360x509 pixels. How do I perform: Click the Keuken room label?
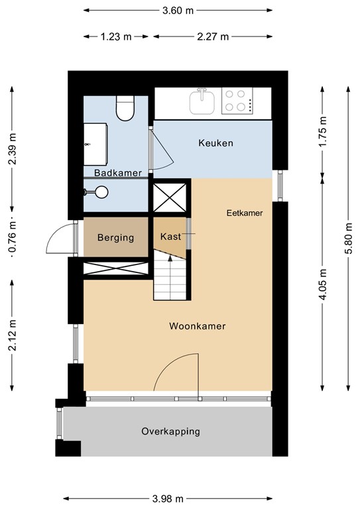tap(216, 143)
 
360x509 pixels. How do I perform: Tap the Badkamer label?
tap(118, 173)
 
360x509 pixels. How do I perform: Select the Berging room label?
tap(116, 237)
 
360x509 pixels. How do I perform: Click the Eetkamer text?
tap(245, 213)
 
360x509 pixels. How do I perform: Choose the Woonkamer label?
tap(197, 326)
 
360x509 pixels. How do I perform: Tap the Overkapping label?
tap(170, 431)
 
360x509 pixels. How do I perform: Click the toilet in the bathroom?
tap(125, 109)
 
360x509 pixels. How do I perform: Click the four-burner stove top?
tap(235, 101)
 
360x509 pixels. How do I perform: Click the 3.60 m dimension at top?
tap(178, 11)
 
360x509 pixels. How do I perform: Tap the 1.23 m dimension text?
tap(117, 36)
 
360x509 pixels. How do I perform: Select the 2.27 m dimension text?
tap(213, 36)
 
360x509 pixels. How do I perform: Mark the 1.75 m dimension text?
tap(323, 135)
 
